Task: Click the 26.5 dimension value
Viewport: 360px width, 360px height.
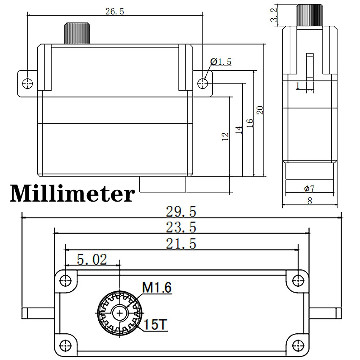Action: pos(114,11)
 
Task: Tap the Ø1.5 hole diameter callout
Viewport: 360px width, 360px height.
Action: pos(221,62)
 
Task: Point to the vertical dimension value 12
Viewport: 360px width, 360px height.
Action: pos(225,136)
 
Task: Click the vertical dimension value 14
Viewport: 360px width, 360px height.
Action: pos(238,130)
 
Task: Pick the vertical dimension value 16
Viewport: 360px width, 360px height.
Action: pos(249,123)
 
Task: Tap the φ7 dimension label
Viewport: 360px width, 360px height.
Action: pos(309,188)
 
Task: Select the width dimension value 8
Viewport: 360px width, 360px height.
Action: pos(310,202)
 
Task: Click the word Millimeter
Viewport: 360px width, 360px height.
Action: pos(72,194)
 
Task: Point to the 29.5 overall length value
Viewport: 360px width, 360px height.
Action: pos(182,210)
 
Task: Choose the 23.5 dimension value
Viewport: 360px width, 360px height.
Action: pos(181,227)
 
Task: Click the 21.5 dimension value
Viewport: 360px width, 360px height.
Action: pos(181,244)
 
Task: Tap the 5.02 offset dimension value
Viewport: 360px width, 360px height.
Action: pos(92,259)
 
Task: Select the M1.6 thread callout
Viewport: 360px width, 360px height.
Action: pos(157,288)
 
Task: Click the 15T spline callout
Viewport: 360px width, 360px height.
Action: pos(154,325)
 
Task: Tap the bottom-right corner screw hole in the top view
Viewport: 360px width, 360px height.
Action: pos(299,343)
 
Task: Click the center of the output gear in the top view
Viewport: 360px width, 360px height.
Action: pos(121,313)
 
